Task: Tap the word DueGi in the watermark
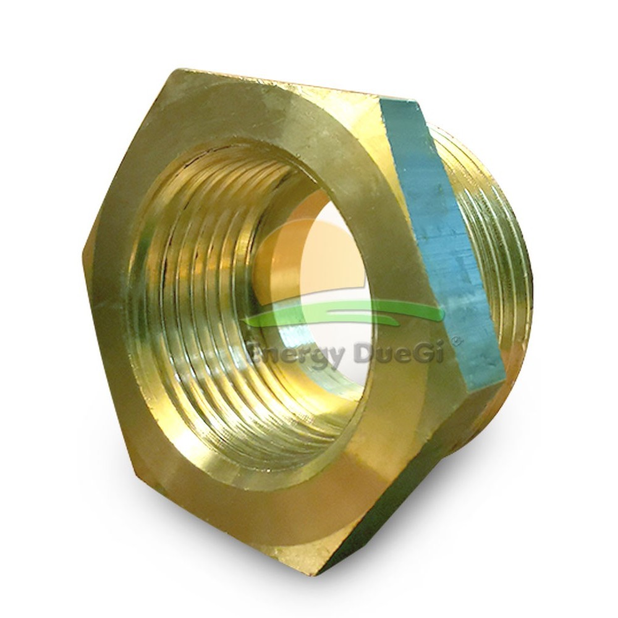coord(399,350)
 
